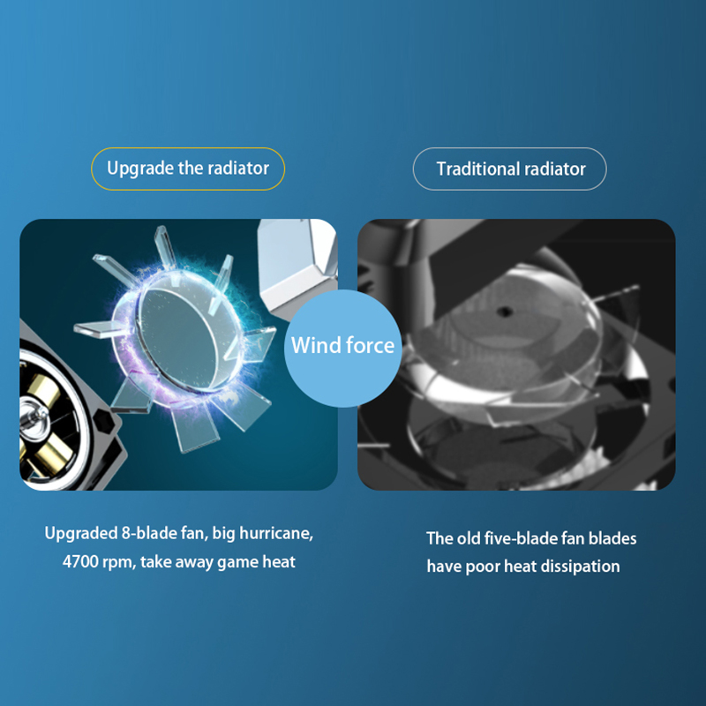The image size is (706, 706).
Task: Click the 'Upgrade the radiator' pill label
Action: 188,169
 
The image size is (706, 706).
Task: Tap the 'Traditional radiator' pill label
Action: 510,169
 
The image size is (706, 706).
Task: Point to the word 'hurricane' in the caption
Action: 276,534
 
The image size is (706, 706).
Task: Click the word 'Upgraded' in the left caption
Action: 81,534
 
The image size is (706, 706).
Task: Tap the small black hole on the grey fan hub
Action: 505,312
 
